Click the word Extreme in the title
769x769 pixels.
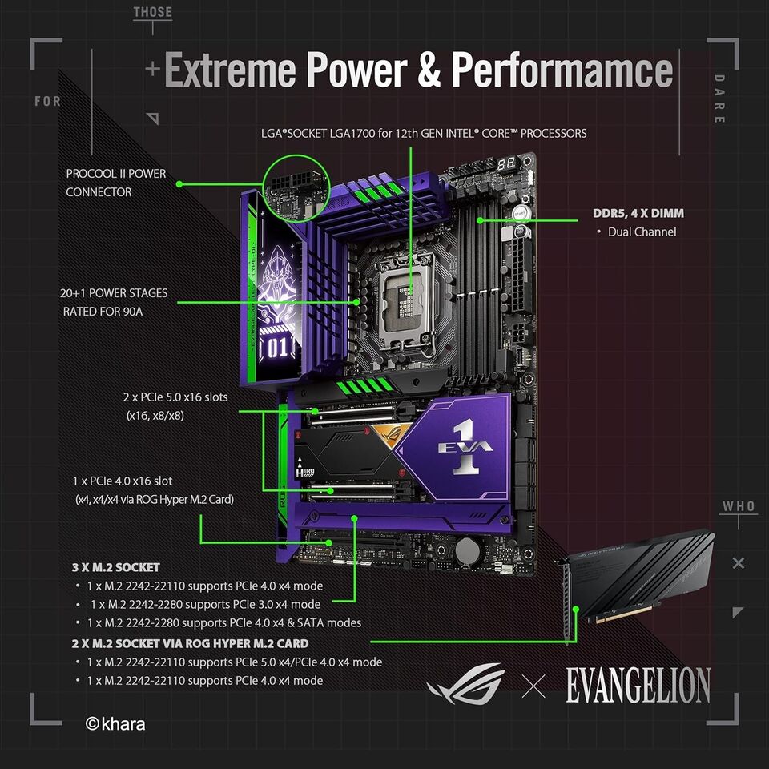(230, 70)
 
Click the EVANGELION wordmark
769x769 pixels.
(638, 685)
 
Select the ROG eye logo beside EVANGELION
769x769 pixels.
(465, 683)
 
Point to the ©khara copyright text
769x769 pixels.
(115, 724)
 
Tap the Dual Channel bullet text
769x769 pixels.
(642, 232)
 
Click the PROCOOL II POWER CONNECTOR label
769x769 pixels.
(115, 183)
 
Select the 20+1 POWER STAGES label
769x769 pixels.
(114, 293)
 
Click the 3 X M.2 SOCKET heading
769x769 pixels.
(115, 567)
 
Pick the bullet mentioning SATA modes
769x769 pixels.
(224, 623)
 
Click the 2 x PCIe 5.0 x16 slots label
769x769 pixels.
(175, 397)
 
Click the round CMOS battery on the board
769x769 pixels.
(467, 550)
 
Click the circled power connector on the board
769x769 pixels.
(296, 189)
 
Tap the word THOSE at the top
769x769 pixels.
(152, 12)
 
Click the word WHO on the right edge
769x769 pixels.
(739, 506)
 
